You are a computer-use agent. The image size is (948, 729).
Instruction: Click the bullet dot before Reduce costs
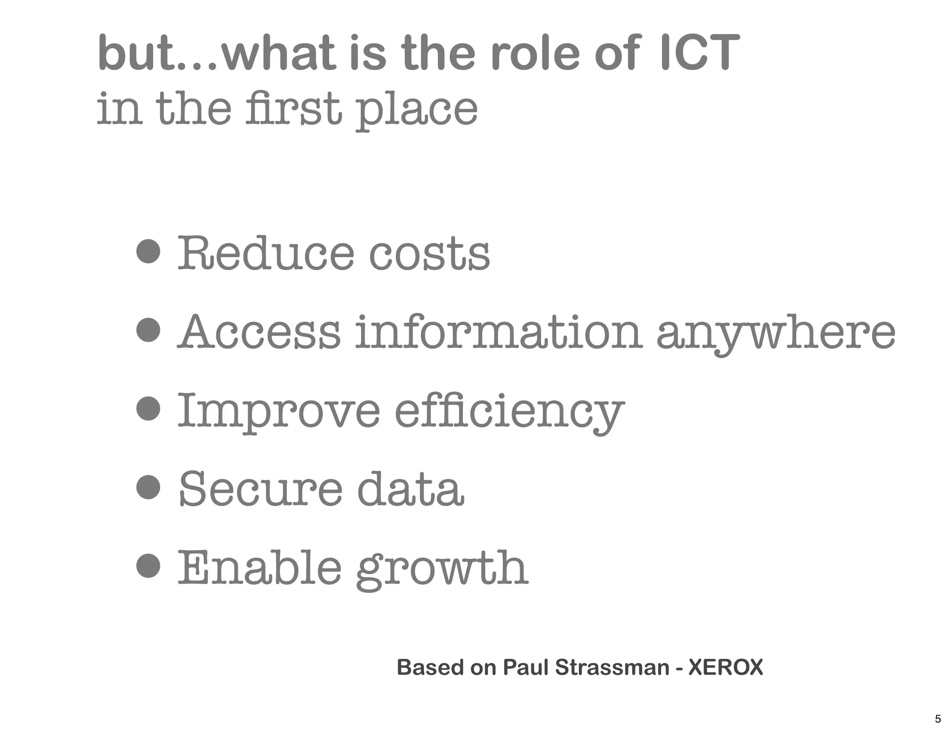click(x=149, y=251)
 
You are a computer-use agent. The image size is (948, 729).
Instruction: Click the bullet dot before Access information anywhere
click(x=149, y=330)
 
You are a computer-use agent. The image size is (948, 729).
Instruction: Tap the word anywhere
click(x=776, y=334)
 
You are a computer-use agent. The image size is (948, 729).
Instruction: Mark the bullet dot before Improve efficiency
click(x=149, y=408)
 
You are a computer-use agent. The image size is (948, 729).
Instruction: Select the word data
click(x=410, y=489)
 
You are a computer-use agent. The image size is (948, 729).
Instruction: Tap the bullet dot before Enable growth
click(x=149, y=566)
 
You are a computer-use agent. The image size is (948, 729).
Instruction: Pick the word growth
click(x=442, y=569)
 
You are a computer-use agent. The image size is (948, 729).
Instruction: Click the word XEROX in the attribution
click(x=725, y=667)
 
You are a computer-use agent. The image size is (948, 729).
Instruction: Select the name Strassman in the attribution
click(x=612, y=667)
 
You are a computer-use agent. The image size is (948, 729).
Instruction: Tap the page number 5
click(x=938, y=719)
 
